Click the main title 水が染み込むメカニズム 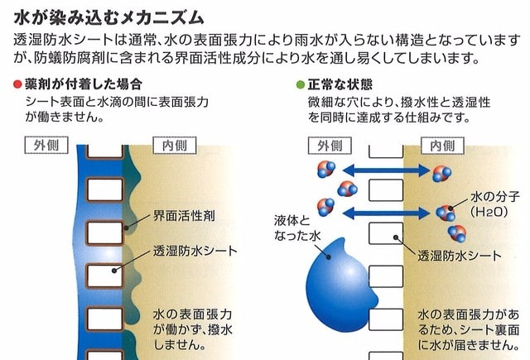coord(108,17)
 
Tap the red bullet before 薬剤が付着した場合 coord(17,84)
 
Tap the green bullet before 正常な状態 coord(301,84)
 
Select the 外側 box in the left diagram coord(46,145)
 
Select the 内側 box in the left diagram coord(175,145)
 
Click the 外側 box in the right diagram coord(330,146)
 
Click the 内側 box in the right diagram coord(442,146)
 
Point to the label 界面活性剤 coord(184,215)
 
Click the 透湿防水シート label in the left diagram coord(195,251)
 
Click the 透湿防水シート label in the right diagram coord(460,256)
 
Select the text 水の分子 coord(495,197)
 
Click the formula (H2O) coord(489,212)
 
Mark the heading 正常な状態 coord(340,84)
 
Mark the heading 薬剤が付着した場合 coord(83,84)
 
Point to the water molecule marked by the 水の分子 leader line coord(446,213)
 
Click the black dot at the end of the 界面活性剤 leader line coord(127,228)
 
